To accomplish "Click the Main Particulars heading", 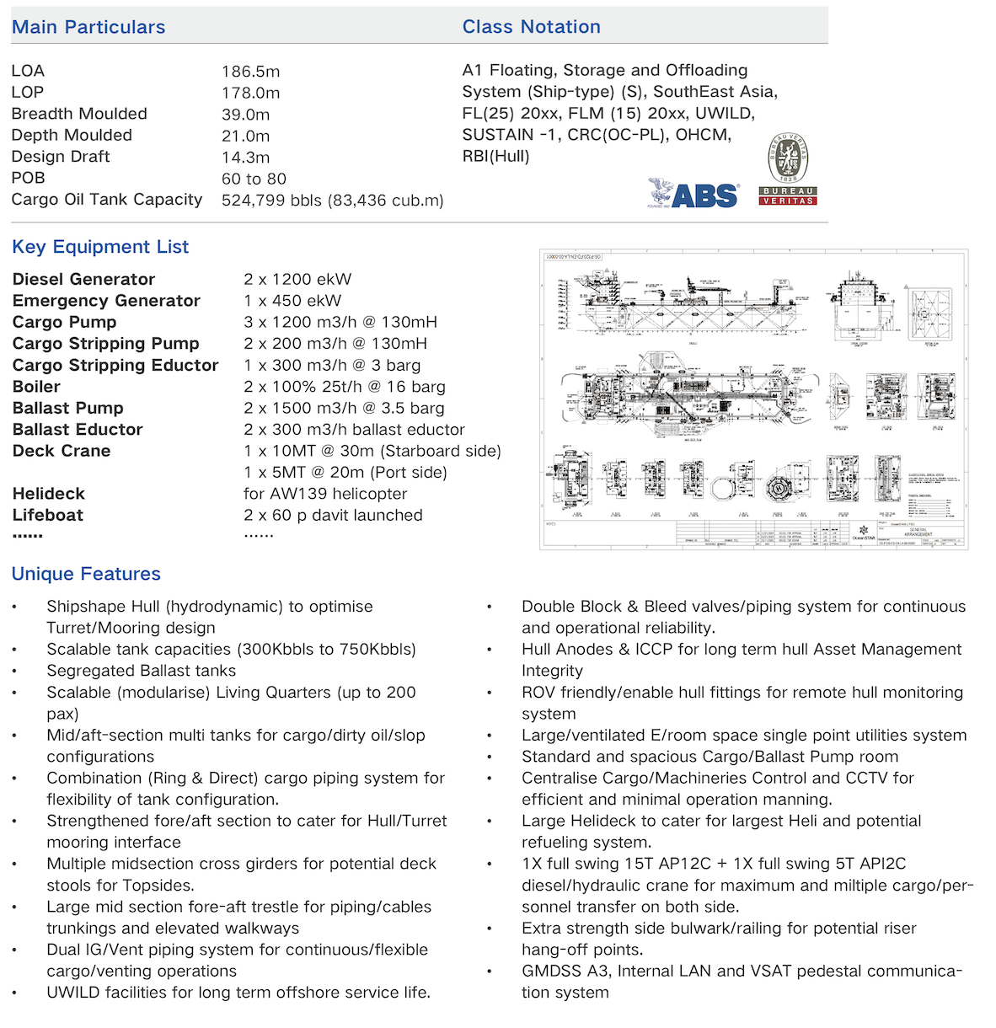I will point(88,27).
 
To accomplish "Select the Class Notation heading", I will point(531,27).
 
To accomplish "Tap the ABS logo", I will point(694,195).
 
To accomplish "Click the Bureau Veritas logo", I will point(788,169).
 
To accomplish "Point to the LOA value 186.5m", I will point(250,72).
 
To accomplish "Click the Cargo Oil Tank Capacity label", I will point(107,200).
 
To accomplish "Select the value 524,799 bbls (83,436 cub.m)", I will point(332,201).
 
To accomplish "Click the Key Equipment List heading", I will point(100,247).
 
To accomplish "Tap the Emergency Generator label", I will point(106,301).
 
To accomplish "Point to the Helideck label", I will point(48,494).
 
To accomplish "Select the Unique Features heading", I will point(86,574).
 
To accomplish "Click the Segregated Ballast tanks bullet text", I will point(141,671).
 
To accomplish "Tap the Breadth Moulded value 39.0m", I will point(245,115).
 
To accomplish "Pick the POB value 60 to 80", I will point(254,179).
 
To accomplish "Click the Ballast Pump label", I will point(67,408).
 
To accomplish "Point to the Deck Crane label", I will point(62,451).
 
